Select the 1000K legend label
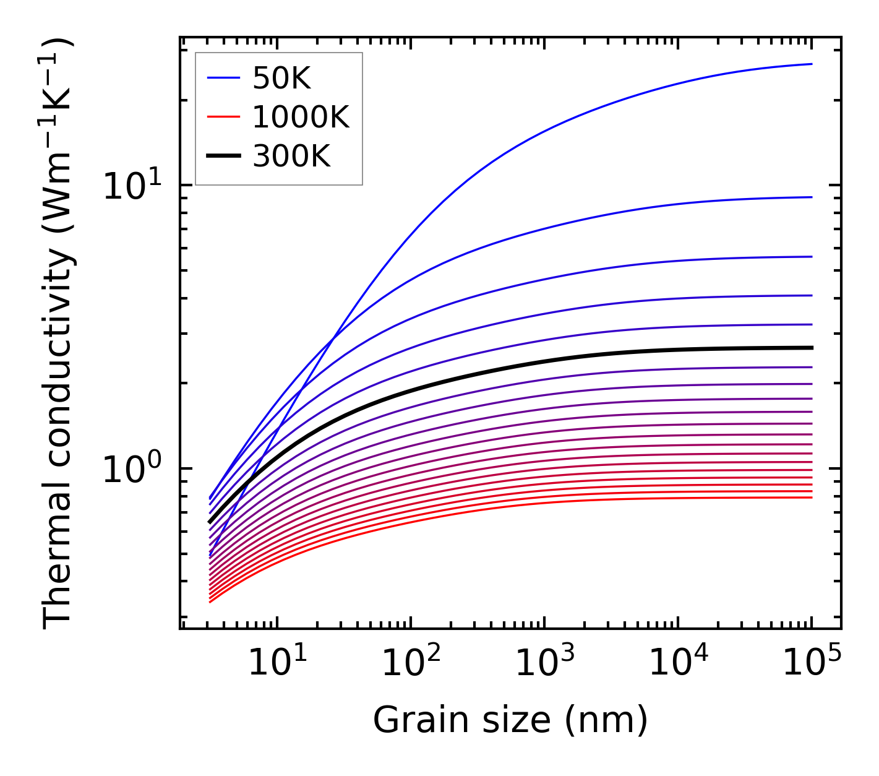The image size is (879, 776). coord(301,117)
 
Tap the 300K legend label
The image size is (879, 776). coord(291,157)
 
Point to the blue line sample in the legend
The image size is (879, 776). coord(223,78)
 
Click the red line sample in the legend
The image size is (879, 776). coord(223,117)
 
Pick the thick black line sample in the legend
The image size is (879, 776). coord(223,157)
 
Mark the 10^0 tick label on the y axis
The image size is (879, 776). coord(132,468)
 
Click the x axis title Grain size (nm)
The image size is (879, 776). coord(510,720)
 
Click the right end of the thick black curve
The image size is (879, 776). coord(811,348)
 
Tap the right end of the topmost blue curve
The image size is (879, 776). coord(811,64)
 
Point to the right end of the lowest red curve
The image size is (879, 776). coord(811,498)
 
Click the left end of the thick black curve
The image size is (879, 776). coord(210,522)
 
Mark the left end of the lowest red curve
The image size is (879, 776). coord(210,601)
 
